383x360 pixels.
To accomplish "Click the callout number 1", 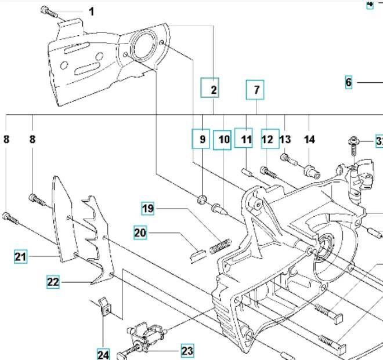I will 91,12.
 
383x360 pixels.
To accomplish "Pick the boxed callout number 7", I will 255,90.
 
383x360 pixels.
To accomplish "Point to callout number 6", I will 348,82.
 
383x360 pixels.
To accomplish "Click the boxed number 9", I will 201,139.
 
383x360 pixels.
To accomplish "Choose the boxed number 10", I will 223,140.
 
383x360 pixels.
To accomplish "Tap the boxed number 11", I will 245,139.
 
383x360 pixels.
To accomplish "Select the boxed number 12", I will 268,139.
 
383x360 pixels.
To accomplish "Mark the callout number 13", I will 286,139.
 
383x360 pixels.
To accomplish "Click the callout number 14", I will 309,139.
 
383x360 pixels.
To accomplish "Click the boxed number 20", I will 140,233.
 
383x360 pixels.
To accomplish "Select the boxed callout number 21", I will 21,256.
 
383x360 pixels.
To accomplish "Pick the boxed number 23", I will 187,351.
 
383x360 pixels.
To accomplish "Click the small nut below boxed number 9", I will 201,200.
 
